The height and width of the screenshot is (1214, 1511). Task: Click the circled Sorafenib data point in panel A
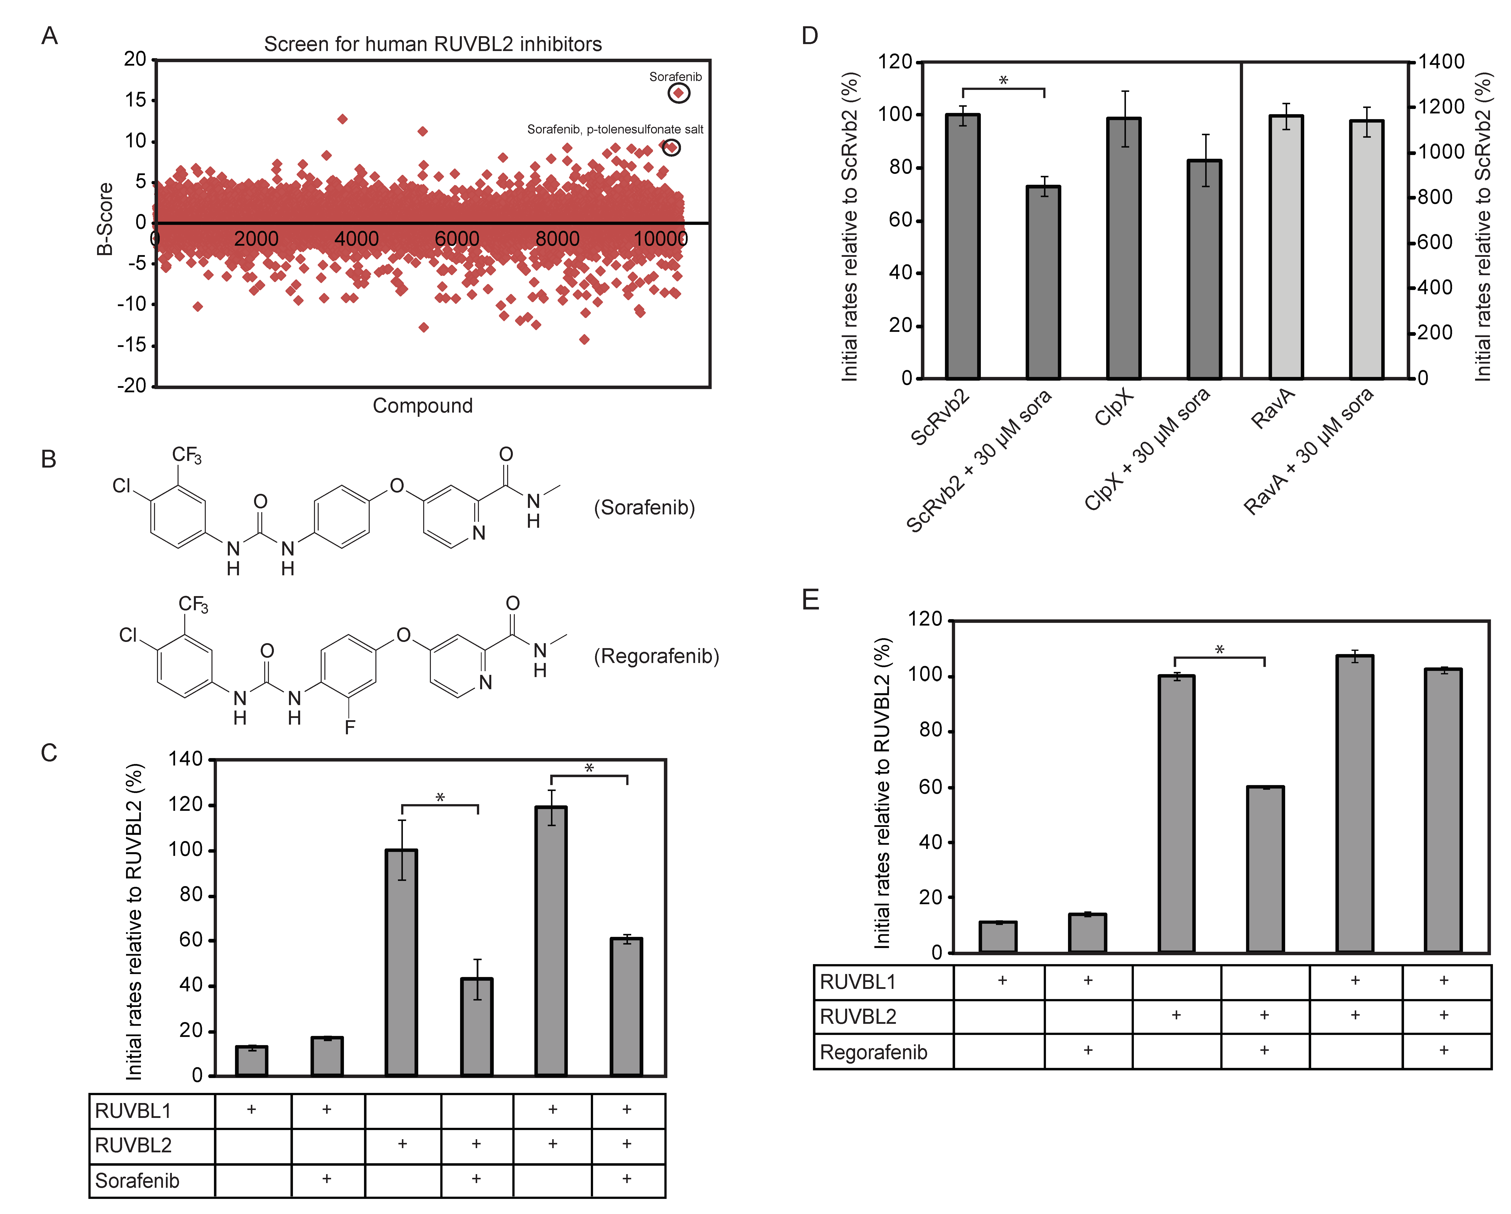pos(678,93)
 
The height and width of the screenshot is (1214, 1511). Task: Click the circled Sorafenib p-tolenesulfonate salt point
pos(671,147)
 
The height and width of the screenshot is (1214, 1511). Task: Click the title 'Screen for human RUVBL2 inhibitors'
pos(432,44)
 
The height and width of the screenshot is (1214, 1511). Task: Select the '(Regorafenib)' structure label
pos(656,656)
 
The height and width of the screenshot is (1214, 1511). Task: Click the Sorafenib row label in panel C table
pos(137,1181)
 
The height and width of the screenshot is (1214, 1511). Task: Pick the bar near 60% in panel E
pos(1265,869)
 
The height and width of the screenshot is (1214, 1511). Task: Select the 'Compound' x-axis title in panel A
pos(423,406)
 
